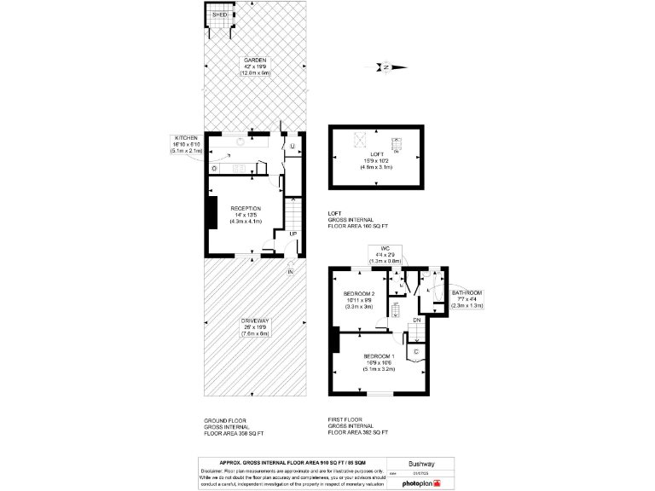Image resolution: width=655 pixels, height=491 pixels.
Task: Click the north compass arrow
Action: pos(386,66)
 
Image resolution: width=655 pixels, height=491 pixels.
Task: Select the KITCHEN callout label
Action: pos(187,138)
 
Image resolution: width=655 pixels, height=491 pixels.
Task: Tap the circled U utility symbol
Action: pos(292,147)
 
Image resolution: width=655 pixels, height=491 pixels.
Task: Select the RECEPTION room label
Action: pos(245,208)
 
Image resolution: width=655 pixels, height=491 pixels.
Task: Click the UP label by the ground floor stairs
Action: pos(293,234)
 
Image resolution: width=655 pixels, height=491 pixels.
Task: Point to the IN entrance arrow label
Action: pos(290,271)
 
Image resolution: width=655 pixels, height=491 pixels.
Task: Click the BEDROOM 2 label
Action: pos(359,294)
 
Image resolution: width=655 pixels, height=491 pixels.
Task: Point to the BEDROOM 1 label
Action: pos(378,355)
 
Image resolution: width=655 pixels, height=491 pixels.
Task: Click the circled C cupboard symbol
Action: pos(416,350)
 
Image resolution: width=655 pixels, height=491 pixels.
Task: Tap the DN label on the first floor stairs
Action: pos(416,320)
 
